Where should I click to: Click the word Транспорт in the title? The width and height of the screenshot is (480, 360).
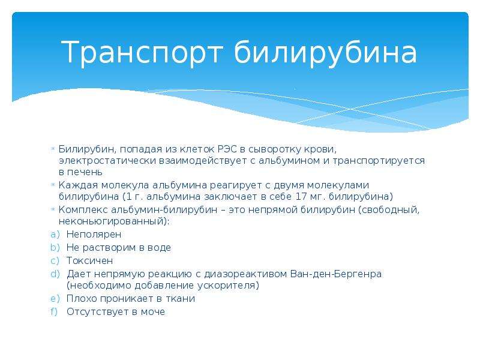tap(142, 53)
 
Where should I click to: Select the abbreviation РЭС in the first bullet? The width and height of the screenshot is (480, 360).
tap(227, 149)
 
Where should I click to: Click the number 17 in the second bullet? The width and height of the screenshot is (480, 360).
tap(301, 196)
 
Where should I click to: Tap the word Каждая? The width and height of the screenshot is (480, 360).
tap(78, 185)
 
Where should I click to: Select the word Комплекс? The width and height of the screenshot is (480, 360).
tap(83, 210)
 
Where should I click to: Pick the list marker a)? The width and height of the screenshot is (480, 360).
tap(55, 235)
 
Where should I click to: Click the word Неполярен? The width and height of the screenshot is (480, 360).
tap(94, 235)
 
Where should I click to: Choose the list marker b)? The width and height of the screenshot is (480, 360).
tap(55, 247)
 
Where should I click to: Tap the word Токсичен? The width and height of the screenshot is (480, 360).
tap(89, 261)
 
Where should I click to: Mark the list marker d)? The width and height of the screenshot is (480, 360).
tap(55, 274)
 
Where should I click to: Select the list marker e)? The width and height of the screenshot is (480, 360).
tap(55, 298)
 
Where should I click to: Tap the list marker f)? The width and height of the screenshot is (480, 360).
tap(54, 311)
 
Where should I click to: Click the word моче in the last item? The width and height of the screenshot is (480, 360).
tap(153, 311)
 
